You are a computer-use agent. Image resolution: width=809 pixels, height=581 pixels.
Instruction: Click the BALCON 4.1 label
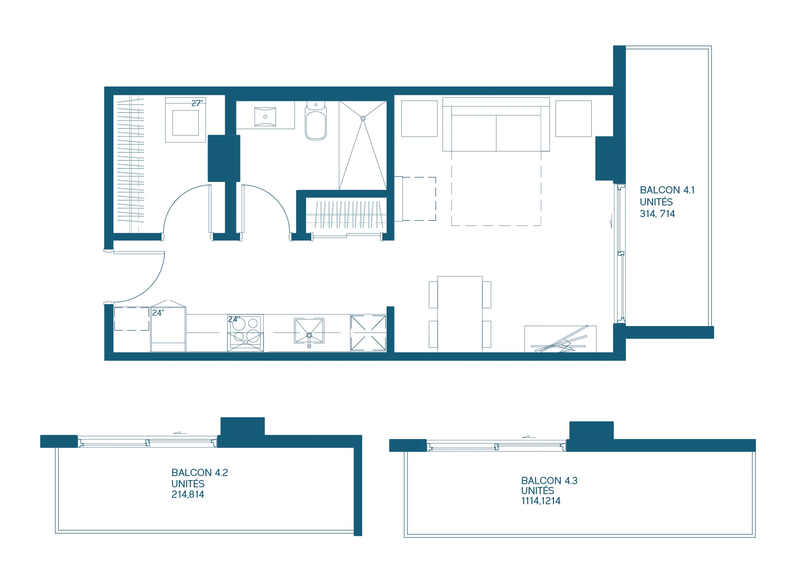[x=667, y=190]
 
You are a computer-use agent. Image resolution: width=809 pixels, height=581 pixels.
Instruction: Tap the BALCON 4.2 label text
[x=200, y=472]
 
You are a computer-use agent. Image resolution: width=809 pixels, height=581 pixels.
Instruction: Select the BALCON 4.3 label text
[x=549, y=480]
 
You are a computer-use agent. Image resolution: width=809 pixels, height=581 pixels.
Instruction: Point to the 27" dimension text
[x=197, y=103]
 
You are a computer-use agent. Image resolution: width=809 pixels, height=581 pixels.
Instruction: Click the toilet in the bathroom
[x=316, y=120]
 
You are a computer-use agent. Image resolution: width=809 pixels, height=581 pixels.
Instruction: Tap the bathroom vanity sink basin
[x=265, y=117]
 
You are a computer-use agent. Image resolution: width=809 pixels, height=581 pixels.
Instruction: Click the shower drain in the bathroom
[x=363, y=118]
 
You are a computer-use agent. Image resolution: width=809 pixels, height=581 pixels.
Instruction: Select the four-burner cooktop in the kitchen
[x=245, y=333]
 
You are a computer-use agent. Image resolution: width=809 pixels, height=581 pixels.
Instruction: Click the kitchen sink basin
[x=309, y=331]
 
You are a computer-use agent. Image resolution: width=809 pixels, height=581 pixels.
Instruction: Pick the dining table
[x=460, y=314]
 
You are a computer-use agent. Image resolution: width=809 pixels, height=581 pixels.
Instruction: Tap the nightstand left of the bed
[x=419, y=119]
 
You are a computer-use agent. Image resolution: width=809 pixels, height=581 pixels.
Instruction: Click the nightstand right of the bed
[x=573, y=119]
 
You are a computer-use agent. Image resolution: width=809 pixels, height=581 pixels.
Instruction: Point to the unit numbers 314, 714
[x=657, y=214]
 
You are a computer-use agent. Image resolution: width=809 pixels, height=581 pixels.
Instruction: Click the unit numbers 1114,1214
[x=541, y=501]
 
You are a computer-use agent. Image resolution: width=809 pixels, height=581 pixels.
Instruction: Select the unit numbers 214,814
[x=187, y=494]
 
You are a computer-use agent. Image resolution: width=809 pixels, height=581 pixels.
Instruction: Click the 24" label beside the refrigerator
[x=158, y=312]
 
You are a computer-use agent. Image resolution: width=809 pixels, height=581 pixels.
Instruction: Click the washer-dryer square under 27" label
[x=185, y=123]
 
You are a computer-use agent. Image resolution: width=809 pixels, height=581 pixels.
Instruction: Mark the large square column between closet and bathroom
[x=224, y=158]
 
